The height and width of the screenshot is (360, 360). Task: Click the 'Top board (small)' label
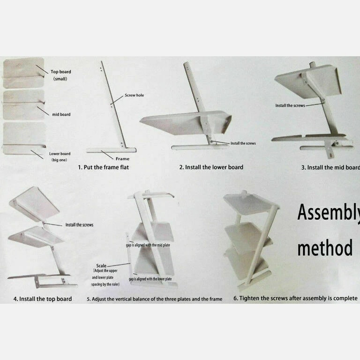pyautogui.click(x=60, y=75)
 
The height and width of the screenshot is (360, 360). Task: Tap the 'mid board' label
pyautogui.click(x=61, y=114)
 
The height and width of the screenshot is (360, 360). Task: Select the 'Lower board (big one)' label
pyautogui.click(x=60, y=157)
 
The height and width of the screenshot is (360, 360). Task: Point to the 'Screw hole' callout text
pyautogui.click(x=135, y=95)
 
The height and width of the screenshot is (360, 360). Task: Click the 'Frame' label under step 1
pyautogui.click(x=122, y=158)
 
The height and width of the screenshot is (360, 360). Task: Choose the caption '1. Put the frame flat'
pyautogui.click(x=103, y=167)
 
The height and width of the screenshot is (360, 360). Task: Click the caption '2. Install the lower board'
pyautogui.click(x=211, y=167)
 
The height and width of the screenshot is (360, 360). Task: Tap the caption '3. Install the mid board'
pyautogui.click(x=330, y=167)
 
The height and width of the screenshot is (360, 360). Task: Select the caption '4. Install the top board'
pyautogui.click(x=43, y=299)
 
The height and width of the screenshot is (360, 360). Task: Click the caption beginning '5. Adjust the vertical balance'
pyautogui.click(x=155, y=299)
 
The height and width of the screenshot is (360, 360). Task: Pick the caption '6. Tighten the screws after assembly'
pyautogui.click(x=295, y=298)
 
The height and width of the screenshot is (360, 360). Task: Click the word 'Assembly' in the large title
pyautogui.click(x=329, y=213)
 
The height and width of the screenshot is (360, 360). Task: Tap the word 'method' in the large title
pyautogui.click(x=325, y=247)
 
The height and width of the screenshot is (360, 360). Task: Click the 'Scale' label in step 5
pyautogui.click(x=101, y=266)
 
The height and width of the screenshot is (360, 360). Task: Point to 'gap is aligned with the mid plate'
pyautogui.click(x=148, y=245)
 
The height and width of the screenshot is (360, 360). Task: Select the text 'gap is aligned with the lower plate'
pyautogui.click(x=150, y=279)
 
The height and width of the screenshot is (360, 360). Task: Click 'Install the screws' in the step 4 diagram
pyautogui.click(x=79, y=225)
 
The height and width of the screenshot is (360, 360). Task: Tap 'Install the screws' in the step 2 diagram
pyautogui.click(x=243, y=143)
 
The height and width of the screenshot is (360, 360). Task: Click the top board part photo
pyautogui.click(x=23, y=73)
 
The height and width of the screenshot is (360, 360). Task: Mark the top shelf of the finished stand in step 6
pyautogui.click(x=250, y=204)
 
